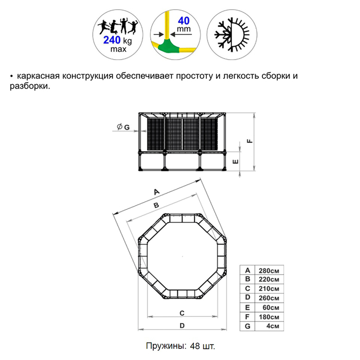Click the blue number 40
183,22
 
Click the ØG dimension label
122,127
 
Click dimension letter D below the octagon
182,326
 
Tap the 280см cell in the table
269,271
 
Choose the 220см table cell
269,280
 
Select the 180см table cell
269,317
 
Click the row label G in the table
247,326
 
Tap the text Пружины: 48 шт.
180,345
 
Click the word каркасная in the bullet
39,77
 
